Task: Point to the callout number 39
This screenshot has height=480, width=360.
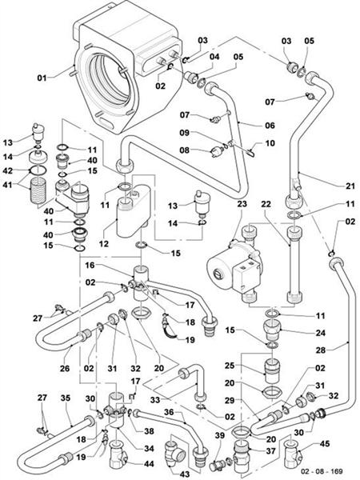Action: click(x=221, y=434)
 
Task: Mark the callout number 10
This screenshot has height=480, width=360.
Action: click(x=270, y=142)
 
